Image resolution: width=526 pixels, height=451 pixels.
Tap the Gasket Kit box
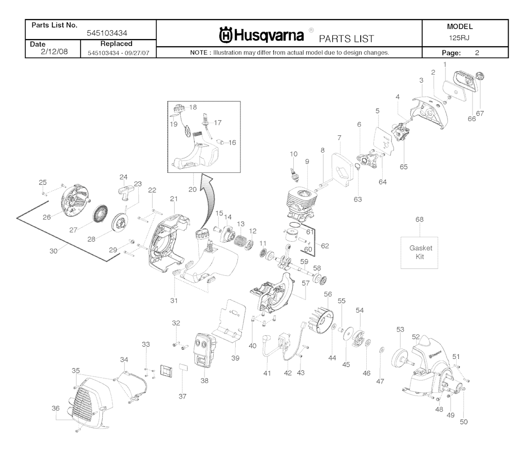pyautogui.click(x=420, y=252)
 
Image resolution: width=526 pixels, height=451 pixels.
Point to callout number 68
pyautogui.click(x=420, y=220)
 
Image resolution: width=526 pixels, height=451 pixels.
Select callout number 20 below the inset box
pyautogui.click(x=192, y=189)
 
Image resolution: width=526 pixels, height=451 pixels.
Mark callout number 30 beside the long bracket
pyautogui.click(x=53, y=251)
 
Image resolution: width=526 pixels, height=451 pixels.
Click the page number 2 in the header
pyautogui.click(x=477, y=52)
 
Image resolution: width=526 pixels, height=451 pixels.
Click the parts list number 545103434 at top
pyautogui.click(x=107, y=33)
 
